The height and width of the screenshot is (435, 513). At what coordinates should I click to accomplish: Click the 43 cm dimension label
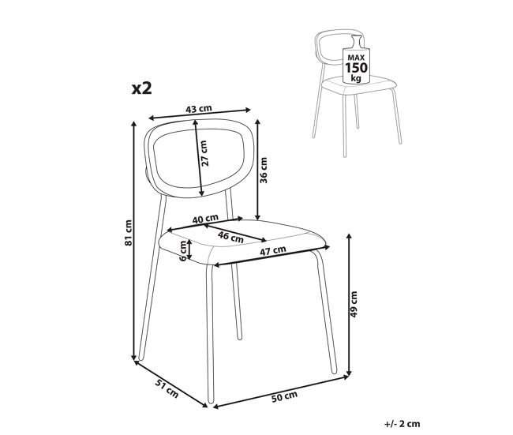point(199,109)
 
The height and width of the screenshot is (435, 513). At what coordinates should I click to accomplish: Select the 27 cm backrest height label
point(204,153)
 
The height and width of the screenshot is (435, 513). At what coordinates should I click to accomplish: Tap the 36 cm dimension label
point(264,171)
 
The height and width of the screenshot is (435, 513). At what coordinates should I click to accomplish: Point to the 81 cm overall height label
point(128,233)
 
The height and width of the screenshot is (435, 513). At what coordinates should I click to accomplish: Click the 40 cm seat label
point(205,219)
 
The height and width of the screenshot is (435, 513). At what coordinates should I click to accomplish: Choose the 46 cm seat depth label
point(230,237)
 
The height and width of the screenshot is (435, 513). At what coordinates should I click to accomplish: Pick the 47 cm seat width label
point(273,251)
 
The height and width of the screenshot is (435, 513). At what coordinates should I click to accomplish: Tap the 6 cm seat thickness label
point(183,250)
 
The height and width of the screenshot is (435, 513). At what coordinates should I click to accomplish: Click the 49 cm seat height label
point(354,304)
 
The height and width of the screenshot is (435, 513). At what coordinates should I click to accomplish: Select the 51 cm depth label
point(167,388)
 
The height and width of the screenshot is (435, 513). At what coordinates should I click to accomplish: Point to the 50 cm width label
point(284,396)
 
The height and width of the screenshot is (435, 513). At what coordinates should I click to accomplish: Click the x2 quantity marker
point(141,88)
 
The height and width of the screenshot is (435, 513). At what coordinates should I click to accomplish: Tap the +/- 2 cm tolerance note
point(402,424)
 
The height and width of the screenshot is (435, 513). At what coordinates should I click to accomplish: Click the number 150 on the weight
point(356,68)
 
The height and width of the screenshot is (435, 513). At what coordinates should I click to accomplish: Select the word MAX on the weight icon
point(356,58)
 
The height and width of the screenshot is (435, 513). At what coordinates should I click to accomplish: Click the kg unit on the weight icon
point(356,79)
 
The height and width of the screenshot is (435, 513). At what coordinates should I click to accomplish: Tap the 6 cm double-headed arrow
point(189,249)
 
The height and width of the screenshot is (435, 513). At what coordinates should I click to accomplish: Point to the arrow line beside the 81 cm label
point(133,241)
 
